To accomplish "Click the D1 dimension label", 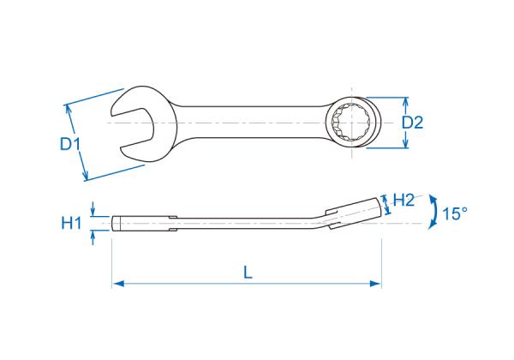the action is point(70,144).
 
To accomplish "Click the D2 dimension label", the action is point(413,123).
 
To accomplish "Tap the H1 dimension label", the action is point(71,223).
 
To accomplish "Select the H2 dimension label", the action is point(403,200).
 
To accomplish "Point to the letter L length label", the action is point(248,272).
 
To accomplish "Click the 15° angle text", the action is point(455,213).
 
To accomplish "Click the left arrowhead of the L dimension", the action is point(117,284).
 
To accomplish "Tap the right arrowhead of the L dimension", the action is point(376,284).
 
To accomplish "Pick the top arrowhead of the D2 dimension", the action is point(405,103).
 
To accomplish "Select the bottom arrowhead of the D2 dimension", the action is point(405,142).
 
